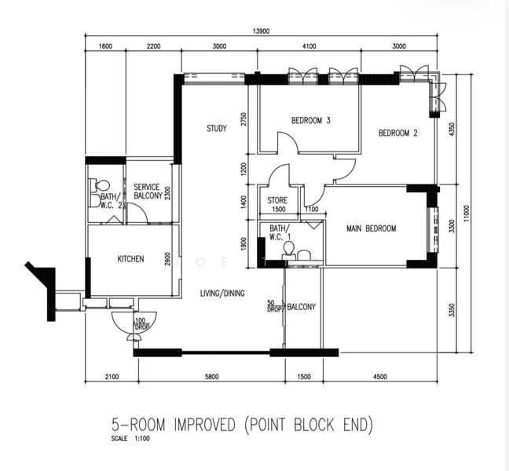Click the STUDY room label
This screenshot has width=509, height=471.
tap(217, 129)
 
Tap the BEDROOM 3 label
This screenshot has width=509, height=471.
tap(310, 121)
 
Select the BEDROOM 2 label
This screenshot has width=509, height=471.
tap(397, 133)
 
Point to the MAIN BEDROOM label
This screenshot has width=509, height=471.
tap(372, 229)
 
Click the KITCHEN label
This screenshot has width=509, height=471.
tap(130, 259)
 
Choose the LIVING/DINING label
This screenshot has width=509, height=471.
tap(222, 294)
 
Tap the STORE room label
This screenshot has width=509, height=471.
tap(277, 201)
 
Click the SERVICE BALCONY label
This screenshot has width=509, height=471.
tap(147, 192)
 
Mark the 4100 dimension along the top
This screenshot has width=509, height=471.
tap(309, 47)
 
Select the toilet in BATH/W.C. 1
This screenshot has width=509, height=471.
tap(288, 249)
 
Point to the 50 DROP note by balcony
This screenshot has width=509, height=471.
tap(274, 305)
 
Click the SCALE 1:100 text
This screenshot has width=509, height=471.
tap(130, 439)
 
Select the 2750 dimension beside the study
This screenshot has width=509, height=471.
tap(244, 119)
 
